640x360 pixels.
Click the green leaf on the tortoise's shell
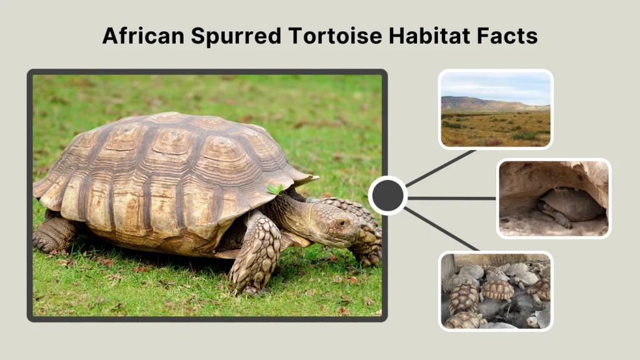click(274, 188)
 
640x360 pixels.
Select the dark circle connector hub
click(387, 196)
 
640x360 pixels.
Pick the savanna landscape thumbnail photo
click(495, 109)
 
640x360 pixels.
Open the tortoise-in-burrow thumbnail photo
click(554, 198)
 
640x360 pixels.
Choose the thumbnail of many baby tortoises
click(495, 291)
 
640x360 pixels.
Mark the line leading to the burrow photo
click(451, 198)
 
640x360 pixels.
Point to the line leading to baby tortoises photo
click(441, 228)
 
